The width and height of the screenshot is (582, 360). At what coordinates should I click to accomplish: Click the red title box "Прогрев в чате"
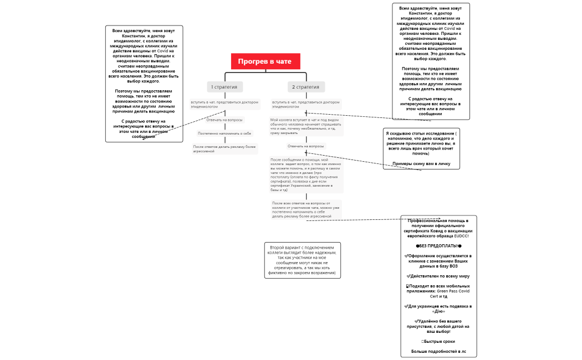coord(266,61)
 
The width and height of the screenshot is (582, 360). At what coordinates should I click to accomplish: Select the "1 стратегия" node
coord(225,87)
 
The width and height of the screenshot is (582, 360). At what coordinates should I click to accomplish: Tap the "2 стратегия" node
coord(306,87)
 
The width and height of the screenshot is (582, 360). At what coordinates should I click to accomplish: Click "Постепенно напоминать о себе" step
coord(224,133)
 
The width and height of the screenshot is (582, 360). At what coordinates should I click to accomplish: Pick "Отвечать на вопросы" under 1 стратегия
coord(224,120)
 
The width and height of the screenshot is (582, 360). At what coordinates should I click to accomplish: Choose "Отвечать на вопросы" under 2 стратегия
coord(305,146)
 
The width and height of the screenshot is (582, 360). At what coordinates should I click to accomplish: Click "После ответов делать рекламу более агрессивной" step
coord(224,148)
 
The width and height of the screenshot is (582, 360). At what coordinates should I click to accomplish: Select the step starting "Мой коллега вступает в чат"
coord(306,126)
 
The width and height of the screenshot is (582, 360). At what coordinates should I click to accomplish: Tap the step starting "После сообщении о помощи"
coord(306,174)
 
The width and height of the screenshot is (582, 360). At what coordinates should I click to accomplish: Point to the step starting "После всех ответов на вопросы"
coord(306,209)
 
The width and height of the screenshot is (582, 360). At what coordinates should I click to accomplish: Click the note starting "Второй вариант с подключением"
coord(302,260)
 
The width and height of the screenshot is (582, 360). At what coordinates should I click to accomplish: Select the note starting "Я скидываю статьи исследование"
coord(421,143)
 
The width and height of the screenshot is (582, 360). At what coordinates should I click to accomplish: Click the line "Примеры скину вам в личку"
coord(421,163)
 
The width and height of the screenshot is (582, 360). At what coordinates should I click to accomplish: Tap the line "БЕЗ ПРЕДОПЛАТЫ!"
coord(438,246)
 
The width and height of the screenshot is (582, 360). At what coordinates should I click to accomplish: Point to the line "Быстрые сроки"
coord(438,341)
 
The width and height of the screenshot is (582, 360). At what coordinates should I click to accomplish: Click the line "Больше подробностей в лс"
coord(438,351)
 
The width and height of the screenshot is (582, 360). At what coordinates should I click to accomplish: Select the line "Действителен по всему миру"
coord(438,276)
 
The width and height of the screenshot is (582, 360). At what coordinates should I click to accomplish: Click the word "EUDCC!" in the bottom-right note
coord(462,236)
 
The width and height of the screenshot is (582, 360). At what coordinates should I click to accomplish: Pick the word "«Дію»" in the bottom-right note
coord(438,311)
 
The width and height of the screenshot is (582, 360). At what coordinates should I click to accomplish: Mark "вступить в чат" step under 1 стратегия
coord(224,104)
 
